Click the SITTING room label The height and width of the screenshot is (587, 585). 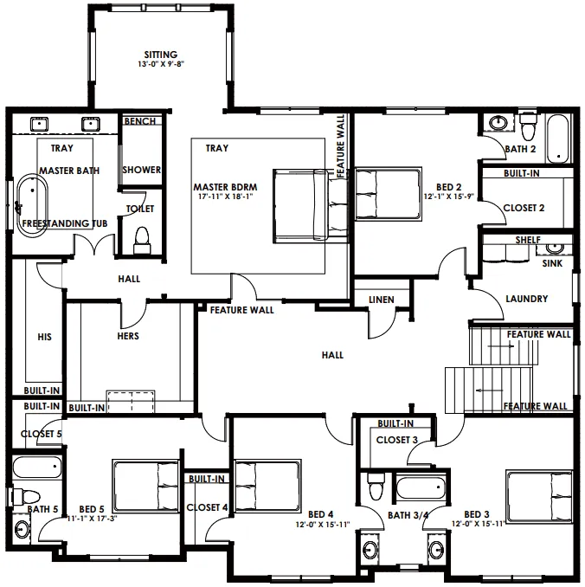pos(161,55)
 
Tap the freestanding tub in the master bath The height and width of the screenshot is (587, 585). pos(32,205)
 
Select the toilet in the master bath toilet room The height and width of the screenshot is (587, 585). pos(142,240)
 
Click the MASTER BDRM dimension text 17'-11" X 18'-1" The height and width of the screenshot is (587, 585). pos(226,197)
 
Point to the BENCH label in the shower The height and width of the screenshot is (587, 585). pos(140,121)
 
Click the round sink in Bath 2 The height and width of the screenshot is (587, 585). pos(498,122)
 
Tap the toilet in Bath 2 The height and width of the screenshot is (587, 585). pos(528,126)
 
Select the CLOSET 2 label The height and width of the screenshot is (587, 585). pos(524,208)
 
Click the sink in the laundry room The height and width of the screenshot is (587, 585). pos(555,248)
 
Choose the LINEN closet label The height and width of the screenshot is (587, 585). pos(382,300)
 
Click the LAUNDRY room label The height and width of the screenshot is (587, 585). pos(527,299)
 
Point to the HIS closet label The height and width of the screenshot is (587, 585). pos(44,337)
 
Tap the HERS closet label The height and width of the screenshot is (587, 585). pos(128,336)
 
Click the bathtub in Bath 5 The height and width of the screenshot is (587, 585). pos(36,467)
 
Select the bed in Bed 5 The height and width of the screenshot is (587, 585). pos(145,486)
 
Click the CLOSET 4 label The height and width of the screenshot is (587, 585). pos(207,507)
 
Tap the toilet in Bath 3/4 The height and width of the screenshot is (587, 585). pos(376,486)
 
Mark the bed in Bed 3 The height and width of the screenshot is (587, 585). pos(539,496)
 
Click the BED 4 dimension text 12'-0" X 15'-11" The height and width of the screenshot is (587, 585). pos(323,525)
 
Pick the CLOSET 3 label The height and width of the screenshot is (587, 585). pos(396,440)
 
